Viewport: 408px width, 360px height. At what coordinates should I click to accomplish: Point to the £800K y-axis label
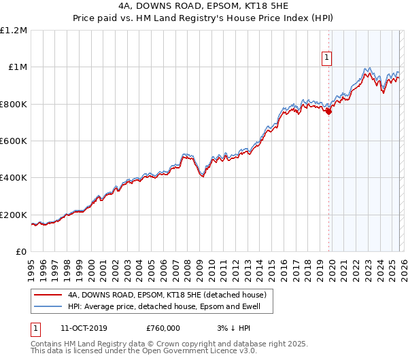coord(14,104)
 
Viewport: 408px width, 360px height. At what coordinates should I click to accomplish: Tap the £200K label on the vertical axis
coord(14,215)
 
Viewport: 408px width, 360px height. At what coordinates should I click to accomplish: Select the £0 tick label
coord(20,251)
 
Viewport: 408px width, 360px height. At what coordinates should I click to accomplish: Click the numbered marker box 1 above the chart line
coord(327,58)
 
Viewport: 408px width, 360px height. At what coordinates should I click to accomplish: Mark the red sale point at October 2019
coord(329,111)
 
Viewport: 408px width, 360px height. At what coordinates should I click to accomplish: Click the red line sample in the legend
coord(48,295)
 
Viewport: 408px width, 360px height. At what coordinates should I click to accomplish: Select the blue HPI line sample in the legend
coord(48,307)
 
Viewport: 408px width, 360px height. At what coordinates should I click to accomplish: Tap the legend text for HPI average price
coord(169,307)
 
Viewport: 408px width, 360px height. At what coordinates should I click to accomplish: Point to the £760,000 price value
coord(160,328)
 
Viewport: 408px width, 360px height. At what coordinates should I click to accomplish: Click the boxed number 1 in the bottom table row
coord(35,328)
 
